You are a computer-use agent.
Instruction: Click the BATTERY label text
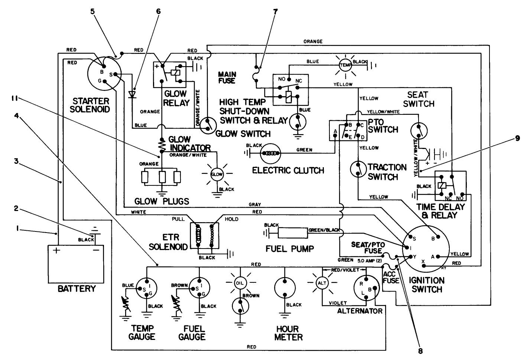click(x=77, y=289)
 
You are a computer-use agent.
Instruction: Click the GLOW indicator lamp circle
click(x=217, y=174)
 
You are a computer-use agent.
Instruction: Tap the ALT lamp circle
click(x=322, y=283)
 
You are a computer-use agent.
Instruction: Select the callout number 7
click(x=275, y=11)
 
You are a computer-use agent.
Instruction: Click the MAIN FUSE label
click(x=227, y=77)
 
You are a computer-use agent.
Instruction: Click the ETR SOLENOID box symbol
click(x=205, y=236)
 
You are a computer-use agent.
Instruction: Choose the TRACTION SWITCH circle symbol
click(x=358, y=169)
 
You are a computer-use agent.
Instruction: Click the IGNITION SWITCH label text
click(x=427, y=285)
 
